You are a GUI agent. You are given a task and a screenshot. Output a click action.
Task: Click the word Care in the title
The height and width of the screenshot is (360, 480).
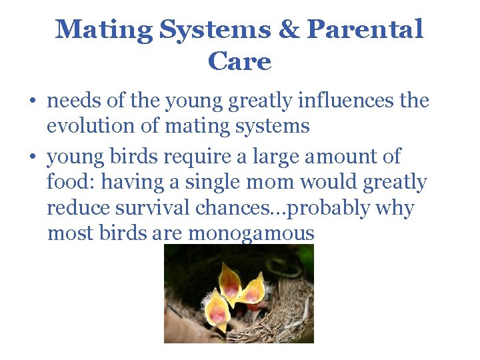pos(240,62)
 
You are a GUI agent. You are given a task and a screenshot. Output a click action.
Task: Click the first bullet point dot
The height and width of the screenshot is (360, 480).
pos(33,103)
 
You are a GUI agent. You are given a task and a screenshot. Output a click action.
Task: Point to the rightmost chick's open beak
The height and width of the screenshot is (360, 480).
pos(253,288)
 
